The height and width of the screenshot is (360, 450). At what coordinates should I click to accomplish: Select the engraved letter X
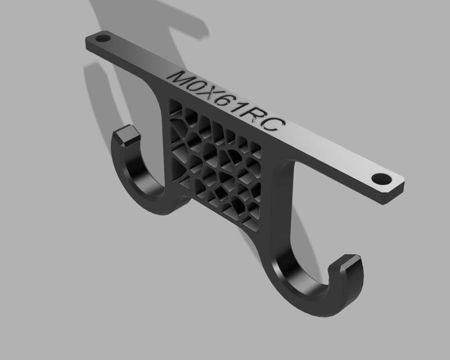click(x=214, y=97)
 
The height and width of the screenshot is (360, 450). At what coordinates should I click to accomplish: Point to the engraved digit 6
click(x=231, y=105)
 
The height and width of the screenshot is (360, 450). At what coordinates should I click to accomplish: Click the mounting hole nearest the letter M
click(x=103, y=39)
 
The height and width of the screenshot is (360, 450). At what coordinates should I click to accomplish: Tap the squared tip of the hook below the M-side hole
click(x=128, y=134)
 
